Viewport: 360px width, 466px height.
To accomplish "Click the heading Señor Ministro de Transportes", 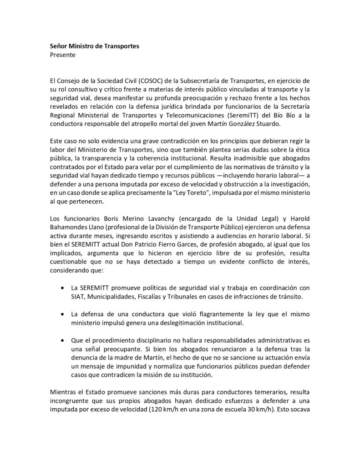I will [x=88, y=46].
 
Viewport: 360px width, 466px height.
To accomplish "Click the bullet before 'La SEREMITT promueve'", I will [x=62, y=288].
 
